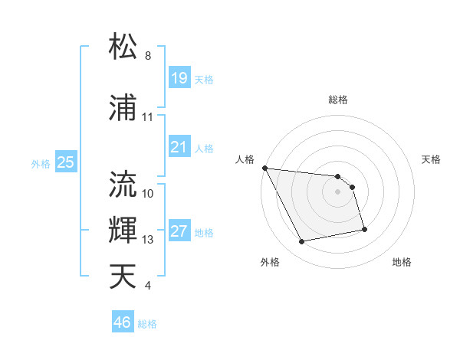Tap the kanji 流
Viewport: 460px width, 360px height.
[124, 185]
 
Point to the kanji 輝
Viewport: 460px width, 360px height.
[124, 230]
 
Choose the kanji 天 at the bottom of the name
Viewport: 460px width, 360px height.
[124, 277]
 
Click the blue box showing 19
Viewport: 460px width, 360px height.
[179, 77]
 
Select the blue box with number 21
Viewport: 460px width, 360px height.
[179, 147]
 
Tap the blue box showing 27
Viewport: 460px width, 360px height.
[179, 231]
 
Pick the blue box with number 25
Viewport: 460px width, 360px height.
[65, 162]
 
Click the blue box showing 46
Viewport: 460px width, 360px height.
[122, 322]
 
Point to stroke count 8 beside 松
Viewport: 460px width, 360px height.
[148, 56]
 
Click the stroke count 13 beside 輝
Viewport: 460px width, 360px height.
[148, 240]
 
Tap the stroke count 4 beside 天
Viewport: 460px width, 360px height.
[148, 286]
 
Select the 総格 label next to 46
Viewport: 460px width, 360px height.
[147, 324]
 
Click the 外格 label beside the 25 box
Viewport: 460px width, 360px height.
[40, 163]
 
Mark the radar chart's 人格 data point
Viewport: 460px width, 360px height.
[264, 168]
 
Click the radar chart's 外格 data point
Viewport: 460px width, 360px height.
[302, 242]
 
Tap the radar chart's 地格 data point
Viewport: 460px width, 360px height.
[364, 229]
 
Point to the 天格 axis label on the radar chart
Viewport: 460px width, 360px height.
[432, 159]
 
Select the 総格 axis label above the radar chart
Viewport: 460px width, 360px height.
[338, 100]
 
